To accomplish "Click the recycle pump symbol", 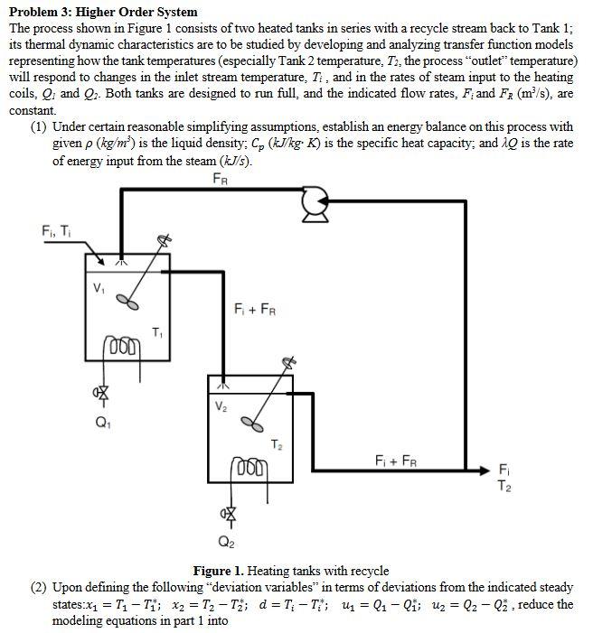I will [x=315, y=205].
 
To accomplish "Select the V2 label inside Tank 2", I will [x=221, y=405].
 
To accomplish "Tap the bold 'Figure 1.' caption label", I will [x=220, y=571].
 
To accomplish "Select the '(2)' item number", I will [x=39, y=587].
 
